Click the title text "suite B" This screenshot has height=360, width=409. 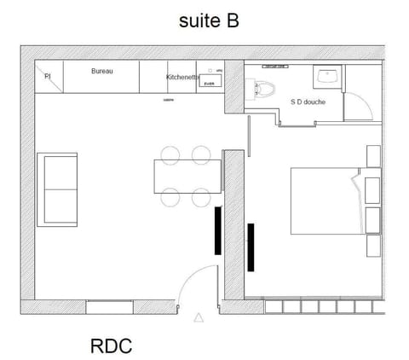coord(208,21)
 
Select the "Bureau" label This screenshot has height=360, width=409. coord(102,71)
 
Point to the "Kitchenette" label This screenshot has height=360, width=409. coord(183,77)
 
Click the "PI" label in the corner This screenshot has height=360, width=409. coord(47,77)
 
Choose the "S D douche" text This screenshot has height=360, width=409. coord(309,101)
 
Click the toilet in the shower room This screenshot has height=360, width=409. coord(265,87)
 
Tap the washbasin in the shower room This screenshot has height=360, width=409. coord(326,76)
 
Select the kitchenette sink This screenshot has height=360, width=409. coord(210,80)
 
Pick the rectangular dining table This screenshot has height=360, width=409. coord(187,177)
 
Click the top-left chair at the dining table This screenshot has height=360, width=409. coord(170,154)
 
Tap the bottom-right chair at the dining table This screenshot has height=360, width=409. coord(202,198)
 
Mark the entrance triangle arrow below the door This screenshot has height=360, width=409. coord(199,318)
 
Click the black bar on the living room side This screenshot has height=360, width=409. coord(218,235)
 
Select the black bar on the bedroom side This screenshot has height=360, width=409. coord(251,247)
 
